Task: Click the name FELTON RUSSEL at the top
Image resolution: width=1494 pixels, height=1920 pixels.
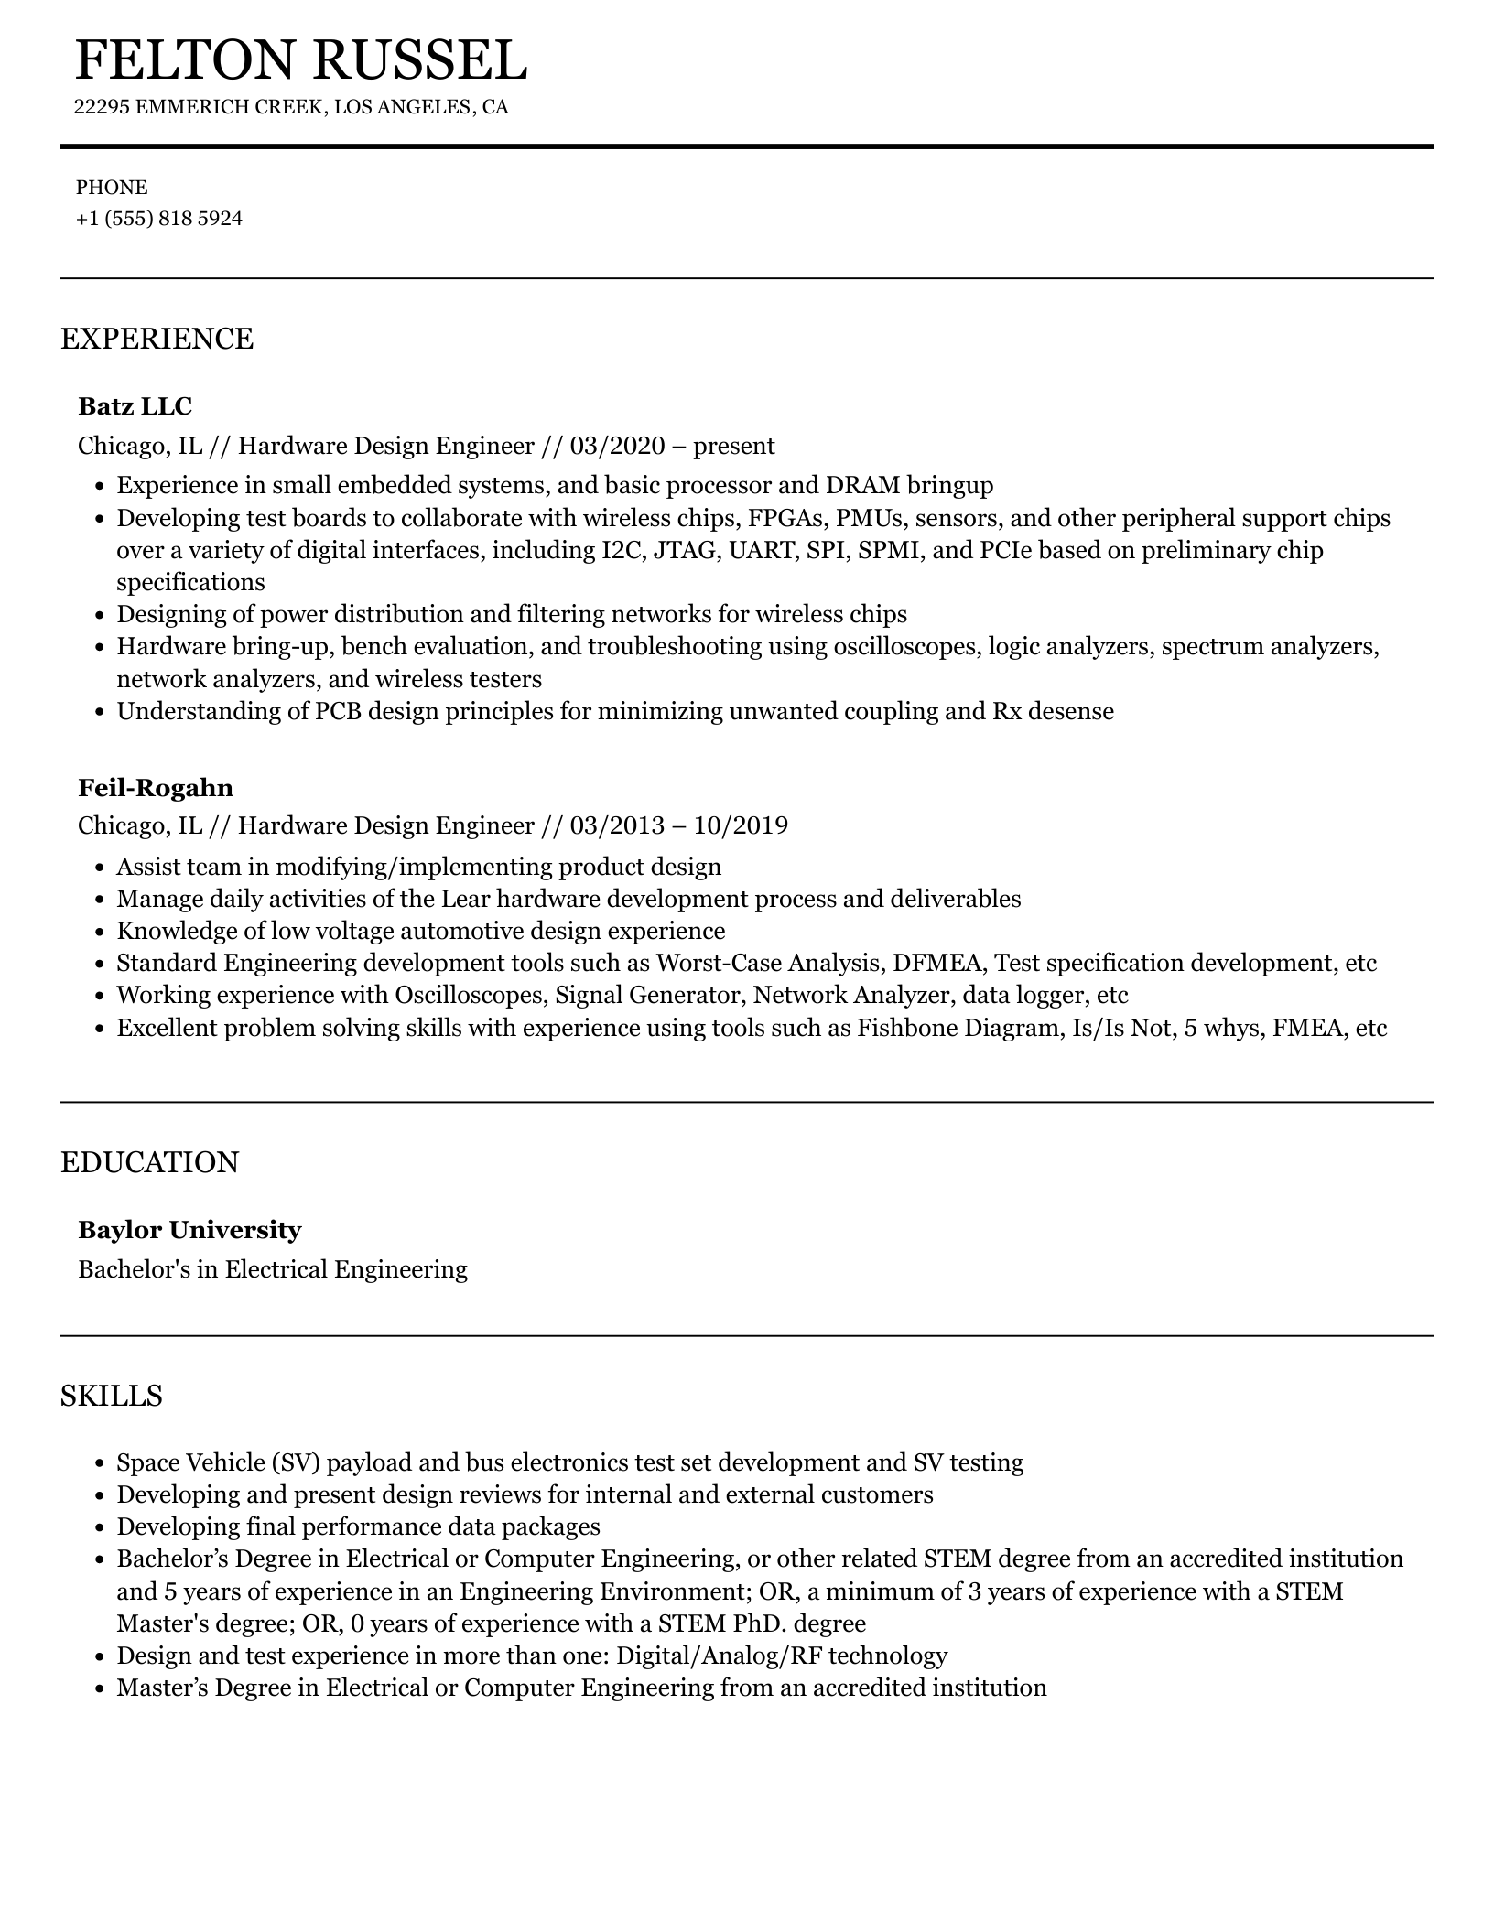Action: pos(300,60)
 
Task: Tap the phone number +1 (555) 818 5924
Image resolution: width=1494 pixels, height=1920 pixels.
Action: pos(159,219)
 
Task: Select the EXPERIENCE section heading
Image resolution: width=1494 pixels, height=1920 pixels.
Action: pos(157,339)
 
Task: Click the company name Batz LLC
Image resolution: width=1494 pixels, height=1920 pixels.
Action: pos(135,405)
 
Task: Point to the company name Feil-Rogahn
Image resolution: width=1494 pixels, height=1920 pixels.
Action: pos(156,788)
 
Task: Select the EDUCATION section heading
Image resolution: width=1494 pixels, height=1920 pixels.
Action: pos(149,1162)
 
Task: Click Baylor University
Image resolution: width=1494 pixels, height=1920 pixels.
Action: pos(189,1230)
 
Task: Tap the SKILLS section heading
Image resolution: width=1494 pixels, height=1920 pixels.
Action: pos(112,1396)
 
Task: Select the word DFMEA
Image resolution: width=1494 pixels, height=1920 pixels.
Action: pos(938,963)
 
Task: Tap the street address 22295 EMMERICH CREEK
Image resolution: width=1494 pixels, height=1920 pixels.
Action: pos(199,107)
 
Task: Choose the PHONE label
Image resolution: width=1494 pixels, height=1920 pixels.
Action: pos(112,188)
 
